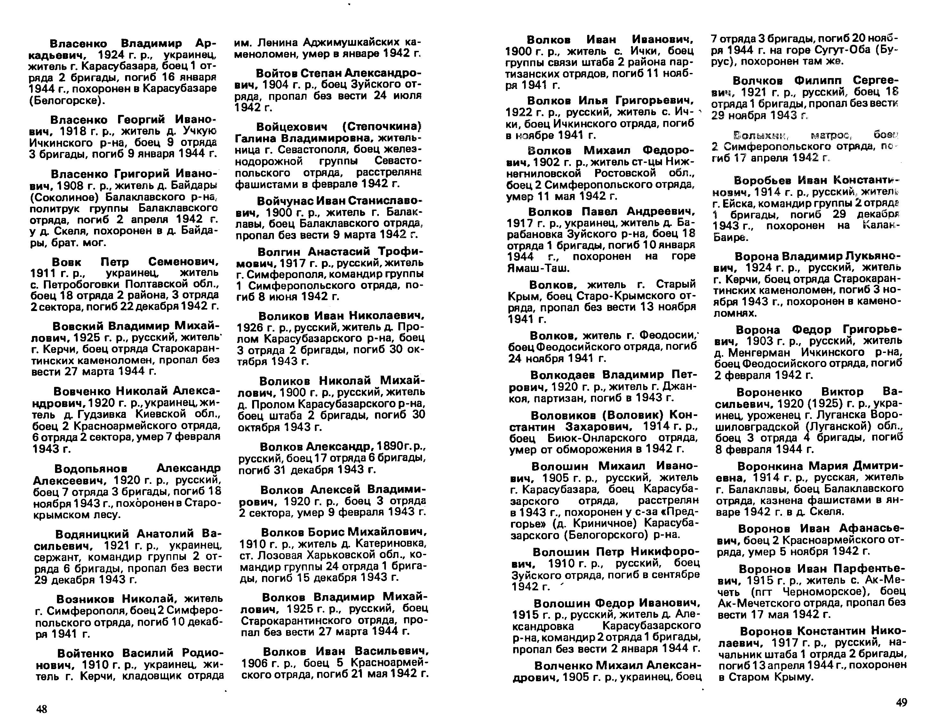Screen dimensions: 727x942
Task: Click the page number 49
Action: pyautogui.click(x=901, y=702)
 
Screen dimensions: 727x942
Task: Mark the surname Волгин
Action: pyautogui.click(x=279, y=252)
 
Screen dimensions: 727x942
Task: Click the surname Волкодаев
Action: pyautogui.click(x=563, y=374)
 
